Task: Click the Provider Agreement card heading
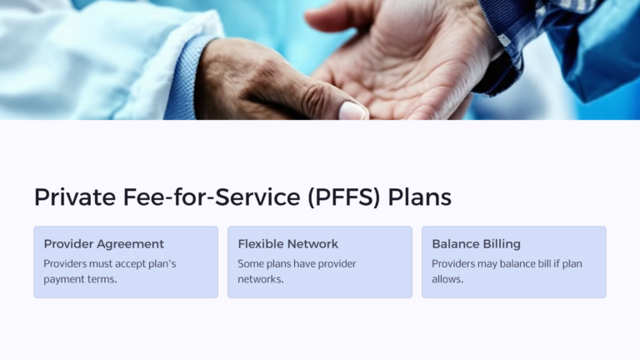pos(103,244)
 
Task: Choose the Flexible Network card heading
pos(287,244)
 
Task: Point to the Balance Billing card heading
pos(476,244)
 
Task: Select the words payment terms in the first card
pos(80,279)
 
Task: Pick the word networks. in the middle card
pos(261,279)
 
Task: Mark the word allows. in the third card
pos(447,279)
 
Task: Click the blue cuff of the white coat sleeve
pos(185,79)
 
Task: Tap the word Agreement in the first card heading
pos(131,244)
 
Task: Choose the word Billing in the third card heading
pos(499,244)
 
